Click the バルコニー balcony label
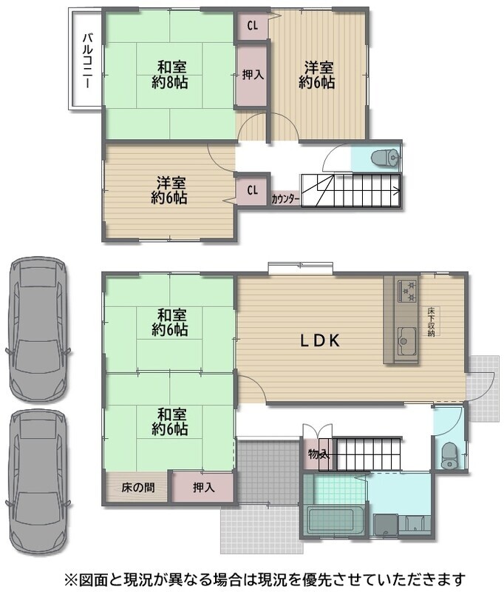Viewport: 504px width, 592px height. (87, 61)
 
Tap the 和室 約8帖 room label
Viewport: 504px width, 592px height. (170, 75)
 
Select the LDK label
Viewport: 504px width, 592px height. (321, 340)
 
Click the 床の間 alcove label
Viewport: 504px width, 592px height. (138, 488)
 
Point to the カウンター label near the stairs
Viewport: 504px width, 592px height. (285, 199)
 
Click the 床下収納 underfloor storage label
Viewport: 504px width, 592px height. (432, 322)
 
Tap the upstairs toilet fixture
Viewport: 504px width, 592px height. (385, 157)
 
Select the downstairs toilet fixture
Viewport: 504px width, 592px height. (449, 456)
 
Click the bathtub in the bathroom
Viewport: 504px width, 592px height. (336, 520)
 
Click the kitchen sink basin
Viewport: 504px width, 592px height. (406, 341)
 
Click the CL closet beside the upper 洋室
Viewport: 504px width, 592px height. (252, 26)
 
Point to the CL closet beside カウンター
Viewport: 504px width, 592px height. (252, 190)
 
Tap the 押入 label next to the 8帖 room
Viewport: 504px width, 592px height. (253, 75)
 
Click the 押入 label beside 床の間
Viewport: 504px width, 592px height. (203, 488)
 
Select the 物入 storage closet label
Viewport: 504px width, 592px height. (319, 454)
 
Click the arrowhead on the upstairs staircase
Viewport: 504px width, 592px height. (396, 191)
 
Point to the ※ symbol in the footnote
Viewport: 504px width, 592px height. (71, 579)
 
